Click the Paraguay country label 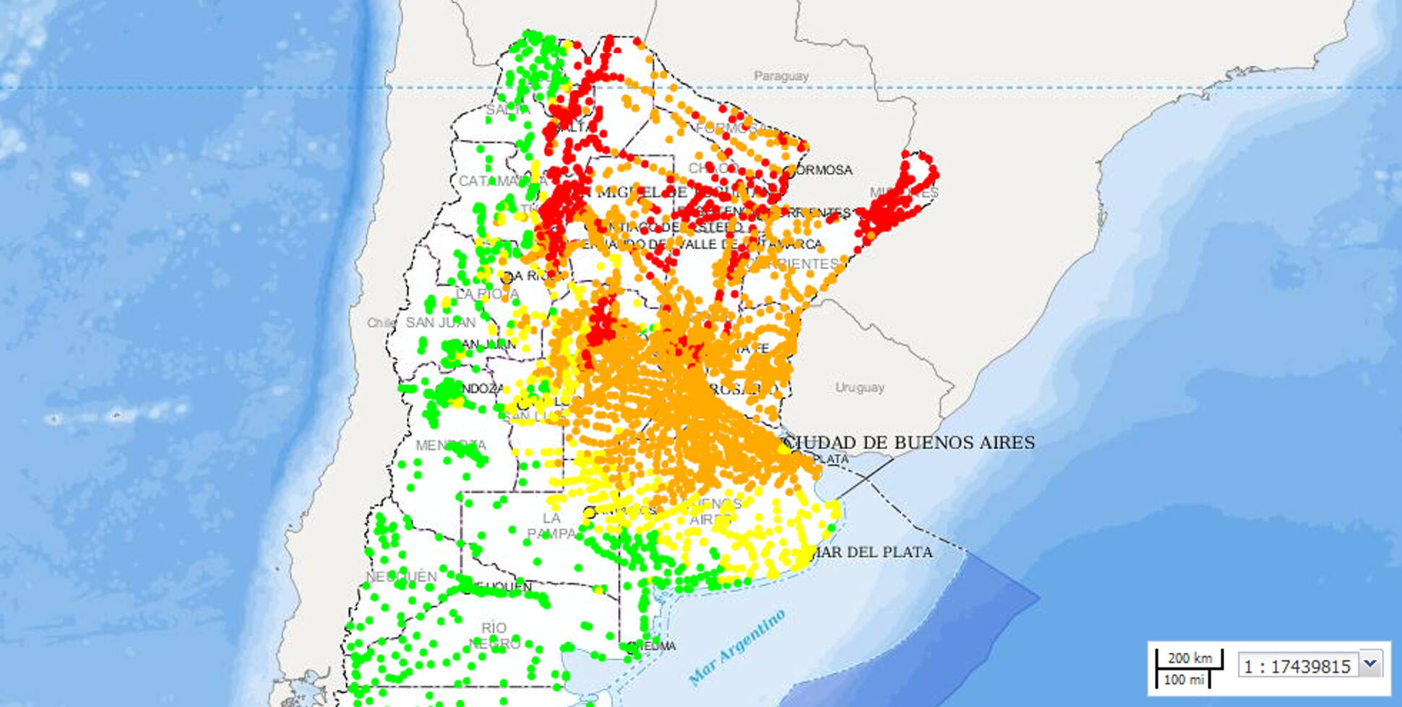(781, 76)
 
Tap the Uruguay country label (859, 387)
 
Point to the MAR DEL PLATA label (872, 552)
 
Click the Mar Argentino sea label (736, 648)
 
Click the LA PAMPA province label (551, 526)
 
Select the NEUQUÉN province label (402, 576)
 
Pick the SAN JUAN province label (440, 322)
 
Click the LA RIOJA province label (487, 294)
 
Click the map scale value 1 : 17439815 (1297, 667)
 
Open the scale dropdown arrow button (1370, 663)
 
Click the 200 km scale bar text (1190, 658)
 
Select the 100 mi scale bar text (1184, 680)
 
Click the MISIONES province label (903, 193)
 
